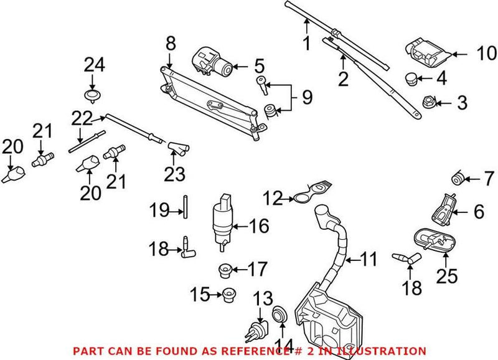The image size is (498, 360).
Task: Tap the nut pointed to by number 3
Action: tap(430, 102)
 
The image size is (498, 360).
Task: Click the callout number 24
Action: tap(95, 65)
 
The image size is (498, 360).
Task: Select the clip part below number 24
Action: tap(93, 95)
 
